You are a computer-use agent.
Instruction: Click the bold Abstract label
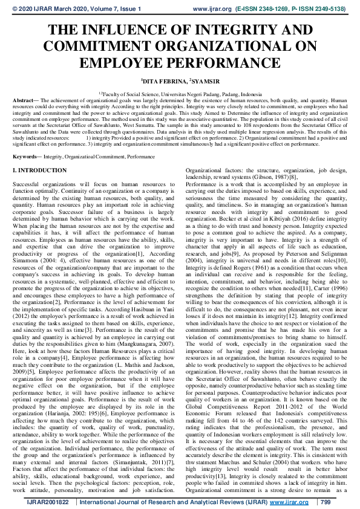23,100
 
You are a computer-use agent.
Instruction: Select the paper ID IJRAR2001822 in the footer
34,502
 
